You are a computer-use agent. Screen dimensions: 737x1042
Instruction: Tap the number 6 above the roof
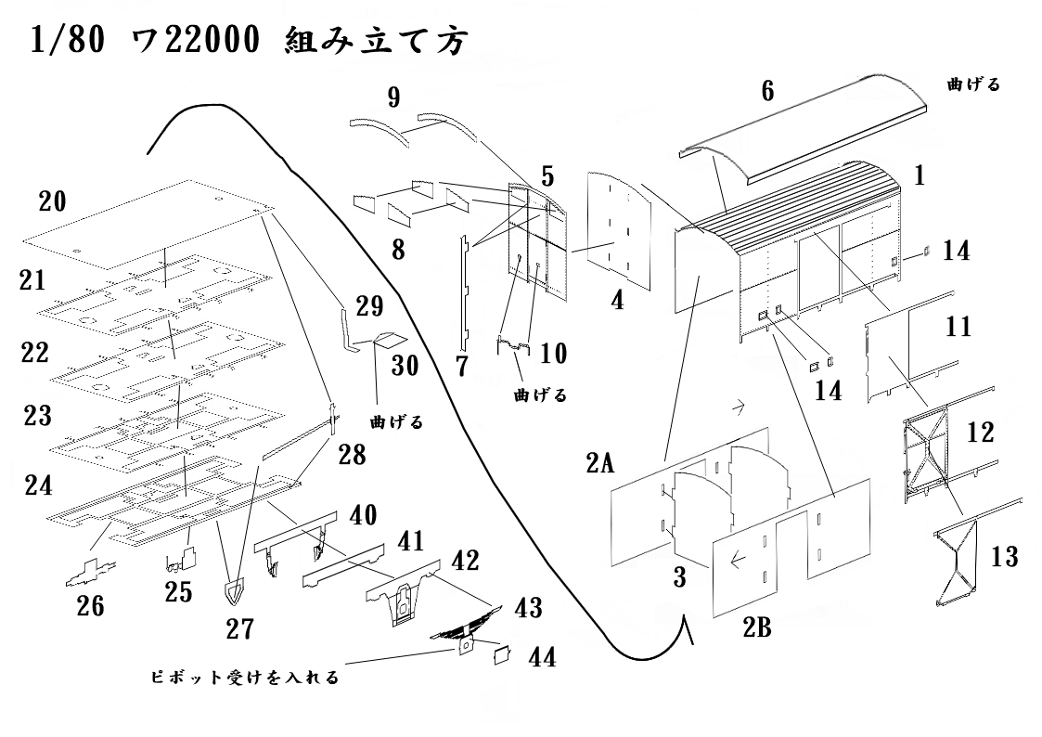pos(766,90)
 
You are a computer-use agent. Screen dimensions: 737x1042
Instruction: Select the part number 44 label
pos(543,657)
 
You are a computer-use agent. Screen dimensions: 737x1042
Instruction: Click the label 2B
pos(756,629)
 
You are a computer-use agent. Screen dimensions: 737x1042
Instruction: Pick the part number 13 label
pos(1003,557)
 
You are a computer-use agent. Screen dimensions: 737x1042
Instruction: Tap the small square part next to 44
pos(502,654)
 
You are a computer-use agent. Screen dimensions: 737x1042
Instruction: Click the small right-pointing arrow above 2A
pos(740,406)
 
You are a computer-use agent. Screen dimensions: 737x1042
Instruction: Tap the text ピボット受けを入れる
pos(244,678)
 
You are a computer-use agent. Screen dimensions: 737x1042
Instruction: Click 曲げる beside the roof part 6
pos(973,84)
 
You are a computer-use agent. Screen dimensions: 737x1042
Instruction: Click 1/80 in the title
pos(66,42)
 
